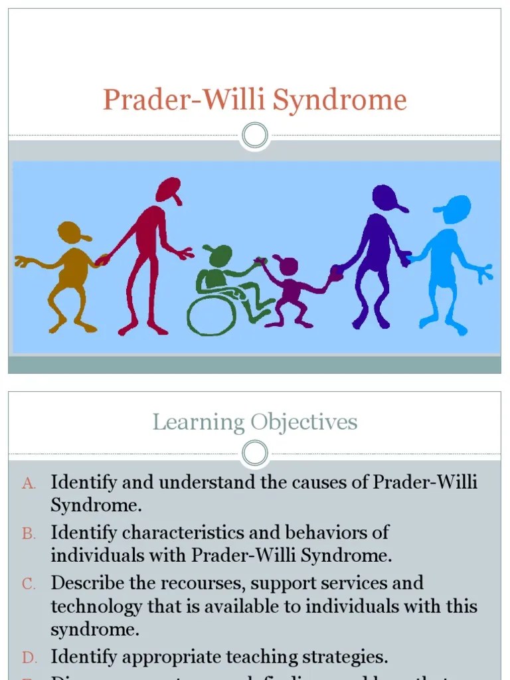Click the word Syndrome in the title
340,100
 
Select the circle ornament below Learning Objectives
255,454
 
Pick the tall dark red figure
151,252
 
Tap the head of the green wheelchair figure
220,254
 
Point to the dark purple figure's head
386,197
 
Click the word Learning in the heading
198,422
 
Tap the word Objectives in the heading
304,422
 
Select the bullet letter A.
28,483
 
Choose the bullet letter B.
29,534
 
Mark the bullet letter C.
29,584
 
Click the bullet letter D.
29,657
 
